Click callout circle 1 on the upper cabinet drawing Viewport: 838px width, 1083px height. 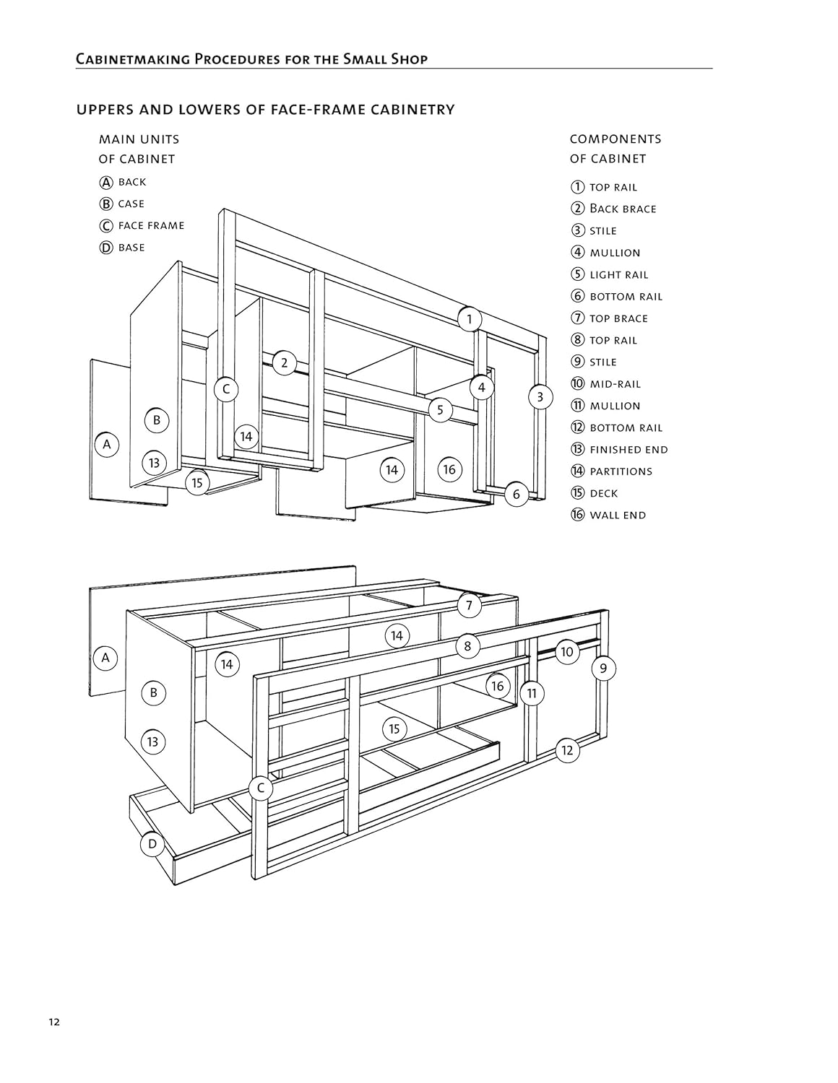(469, 318)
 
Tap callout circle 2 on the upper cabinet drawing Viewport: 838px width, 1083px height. (284, 362)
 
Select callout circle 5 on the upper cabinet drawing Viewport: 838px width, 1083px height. (440, 410)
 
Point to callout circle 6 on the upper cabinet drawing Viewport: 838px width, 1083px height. (516, 495)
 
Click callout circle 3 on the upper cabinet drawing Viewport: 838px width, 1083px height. (540, 396)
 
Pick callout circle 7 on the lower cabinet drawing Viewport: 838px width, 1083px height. (469, 605)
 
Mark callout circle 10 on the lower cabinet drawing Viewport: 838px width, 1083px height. (566, 652)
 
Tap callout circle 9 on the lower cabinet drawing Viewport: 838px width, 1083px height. (603, 668)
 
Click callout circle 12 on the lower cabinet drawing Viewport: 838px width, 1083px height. (567, 750)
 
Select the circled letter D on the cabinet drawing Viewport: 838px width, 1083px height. (152, 843)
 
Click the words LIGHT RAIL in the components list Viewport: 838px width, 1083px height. (619, 275)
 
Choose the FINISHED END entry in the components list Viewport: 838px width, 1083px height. (628, 450)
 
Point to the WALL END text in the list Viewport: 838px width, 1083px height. (618, 516)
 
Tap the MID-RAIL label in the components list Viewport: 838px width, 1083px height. (615, 384)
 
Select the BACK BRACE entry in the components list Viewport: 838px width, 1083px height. (623, 209)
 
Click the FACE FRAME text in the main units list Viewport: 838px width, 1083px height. (151, 226)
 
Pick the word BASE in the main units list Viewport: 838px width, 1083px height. (131, 248)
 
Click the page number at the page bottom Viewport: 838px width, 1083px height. (55, 1022)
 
